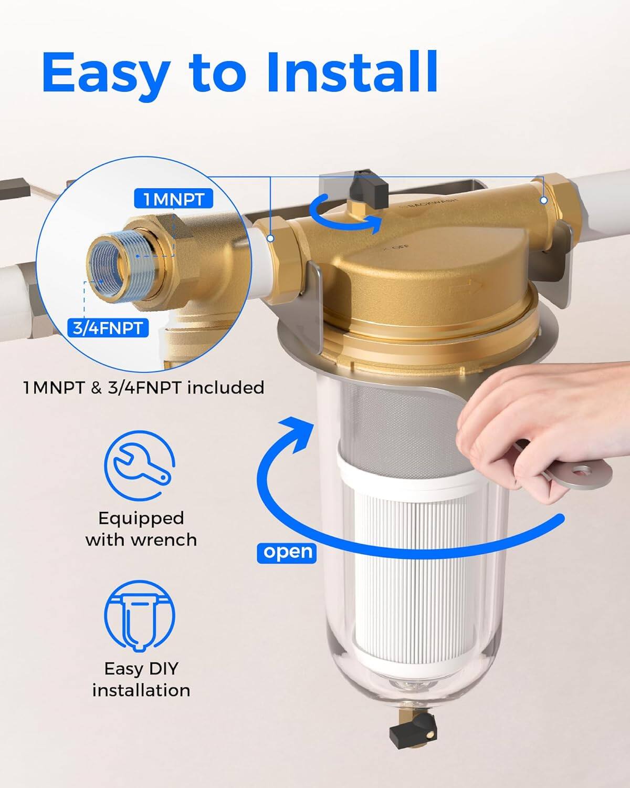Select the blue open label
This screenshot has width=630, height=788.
[x=287, y=552]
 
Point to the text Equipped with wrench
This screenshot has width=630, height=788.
[x=141, y=529]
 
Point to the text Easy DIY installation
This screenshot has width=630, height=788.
[x=141, y=679]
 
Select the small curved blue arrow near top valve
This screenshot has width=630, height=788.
[x=344, y=216]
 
